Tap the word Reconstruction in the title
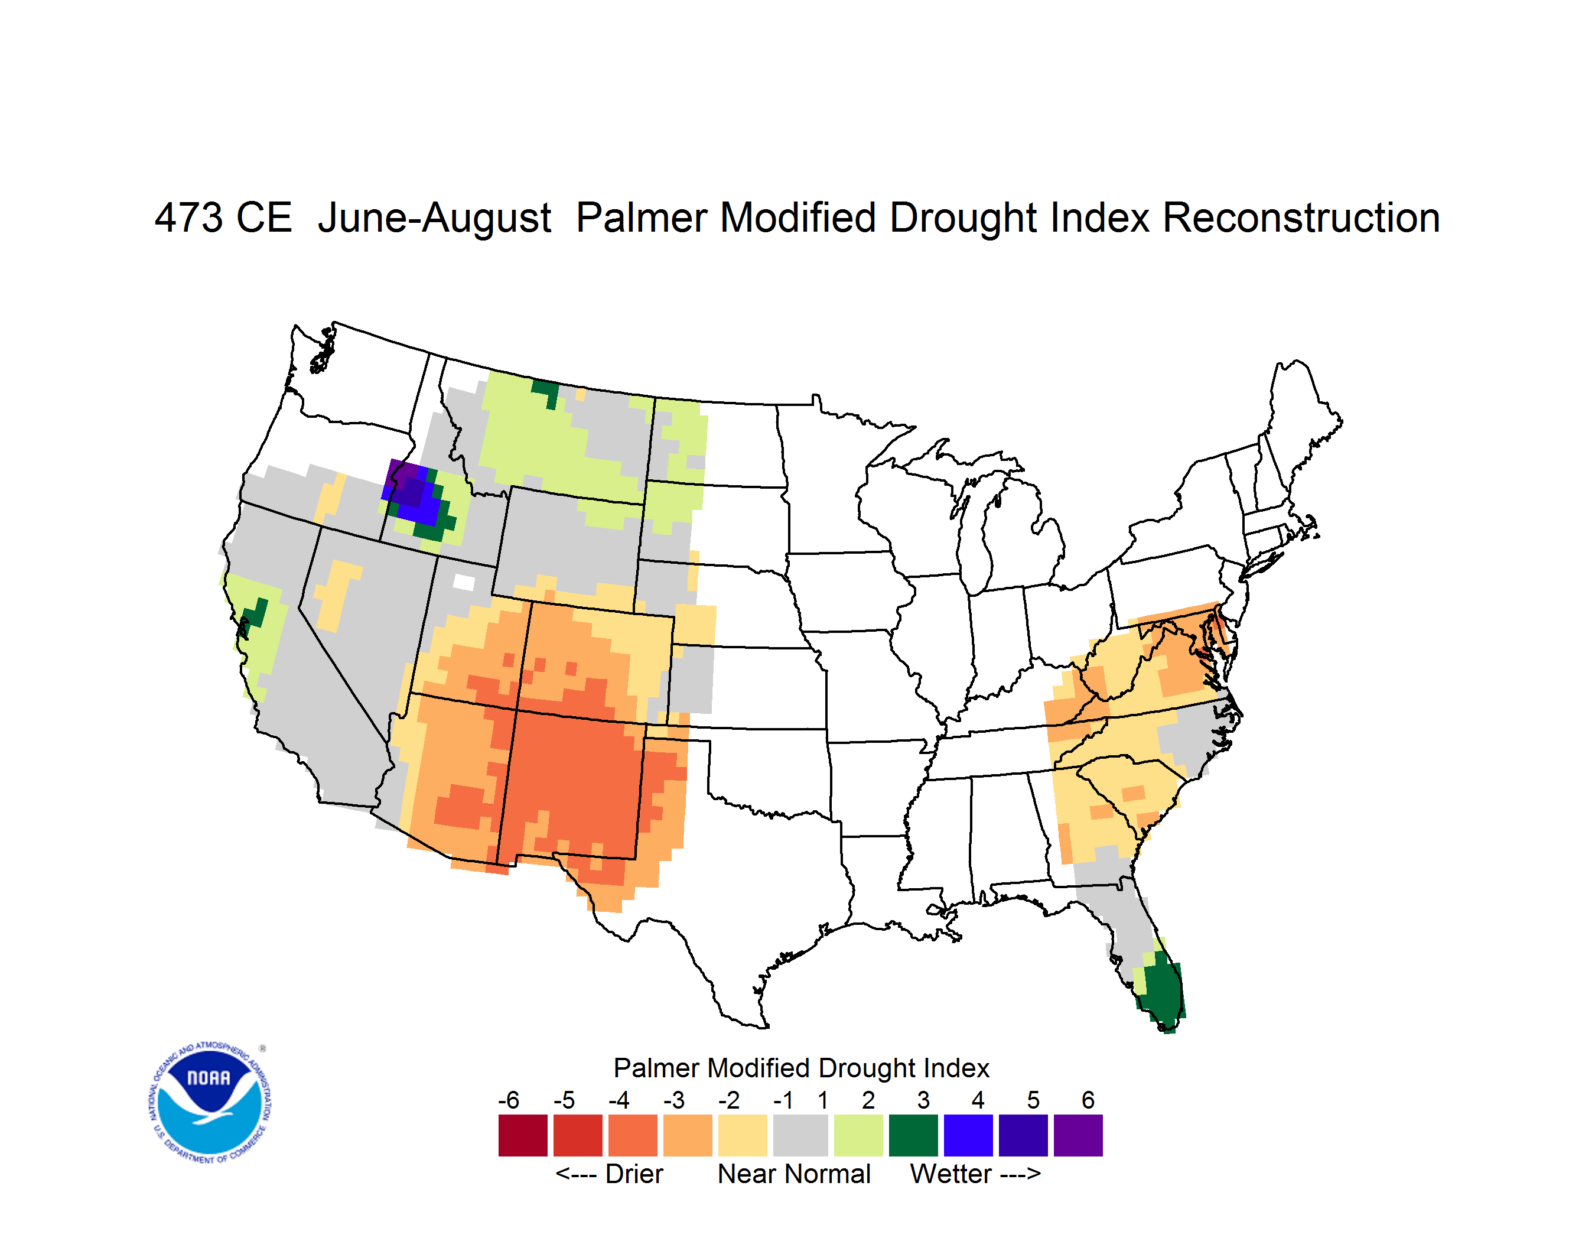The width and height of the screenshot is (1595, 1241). (1301, 217)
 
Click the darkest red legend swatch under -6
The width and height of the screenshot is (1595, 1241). (523, 1135)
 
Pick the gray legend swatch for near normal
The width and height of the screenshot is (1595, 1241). (800, 1135)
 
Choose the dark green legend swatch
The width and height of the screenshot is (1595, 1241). (913, 1135)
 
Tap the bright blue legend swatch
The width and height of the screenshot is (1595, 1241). (968, 1135)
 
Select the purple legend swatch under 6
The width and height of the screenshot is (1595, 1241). (1078, 1135)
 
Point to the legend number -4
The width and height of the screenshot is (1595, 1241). (619, 1100)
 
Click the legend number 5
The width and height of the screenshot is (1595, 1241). (1033, 1100)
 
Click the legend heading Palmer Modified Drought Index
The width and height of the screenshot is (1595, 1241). (801, 1068)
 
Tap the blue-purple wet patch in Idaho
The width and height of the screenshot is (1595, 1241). (414, 493)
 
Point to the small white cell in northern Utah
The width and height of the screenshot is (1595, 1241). (464, 582)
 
